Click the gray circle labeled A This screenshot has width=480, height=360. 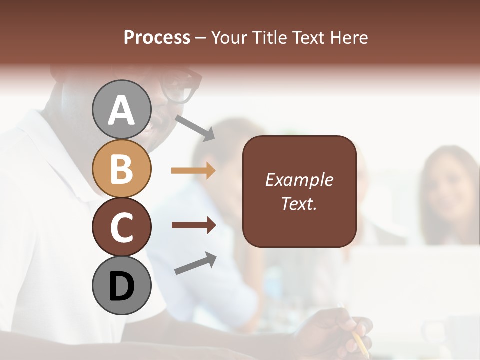pyautogui.click(x=121, y=110)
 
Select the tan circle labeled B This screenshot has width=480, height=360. pyautogui.click(x=121, y=168)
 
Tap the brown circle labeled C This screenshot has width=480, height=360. pyautogui.click(x=121, y=227)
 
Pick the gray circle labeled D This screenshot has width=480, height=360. pyautogui.click(x=121, y=285)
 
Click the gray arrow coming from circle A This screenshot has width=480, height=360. pyautogui.click(x=195, y=127)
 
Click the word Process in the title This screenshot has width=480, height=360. pyautogui.click(x=157, y=37)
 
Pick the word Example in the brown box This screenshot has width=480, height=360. pyautogui.click(x=299, y=180)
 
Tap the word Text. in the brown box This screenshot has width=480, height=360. pyautogui.click(x=299, y=203)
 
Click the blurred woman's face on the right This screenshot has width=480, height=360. pyautogui.click(x=446, y=187)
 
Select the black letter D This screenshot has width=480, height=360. pyautogui.click(x=121, y=286)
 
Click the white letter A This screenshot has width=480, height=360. pyautogui.click(x=121, y=110)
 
